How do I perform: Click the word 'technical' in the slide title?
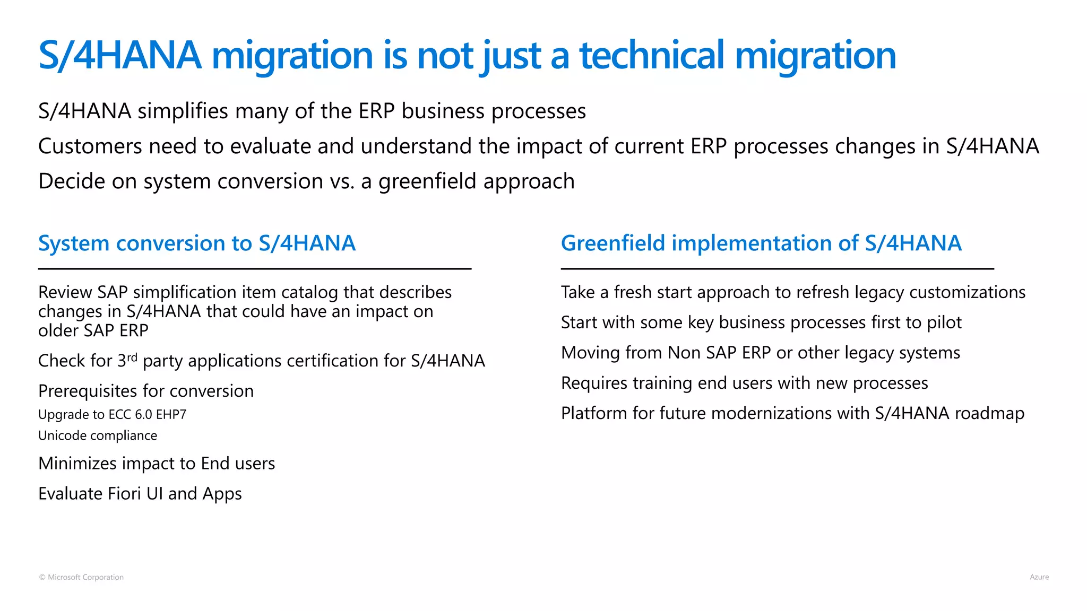652,55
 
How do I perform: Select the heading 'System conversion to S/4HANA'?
197,243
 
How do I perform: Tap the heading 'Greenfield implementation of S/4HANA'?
761,243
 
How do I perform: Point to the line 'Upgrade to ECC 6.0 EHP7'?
113,414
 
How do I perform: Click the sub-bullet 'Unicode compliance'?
98,435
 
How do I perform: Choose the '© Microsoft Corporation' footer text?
81,577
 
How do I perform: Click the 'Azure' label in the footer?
1039,577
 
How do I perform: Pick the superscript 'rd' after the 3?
132,357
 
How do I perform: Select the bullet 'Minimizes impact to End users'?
157,464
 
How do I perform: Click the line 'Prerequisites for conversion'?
146,391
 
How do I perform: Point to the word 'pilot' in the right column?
944,322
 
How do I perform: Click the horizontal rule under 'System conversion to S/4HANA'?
255,269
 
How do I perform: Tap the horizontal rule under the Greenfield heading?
778,269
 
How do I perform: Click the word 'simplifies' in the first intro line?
183,111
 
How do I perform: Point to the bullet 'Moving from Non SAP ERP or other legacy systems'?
761,353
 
